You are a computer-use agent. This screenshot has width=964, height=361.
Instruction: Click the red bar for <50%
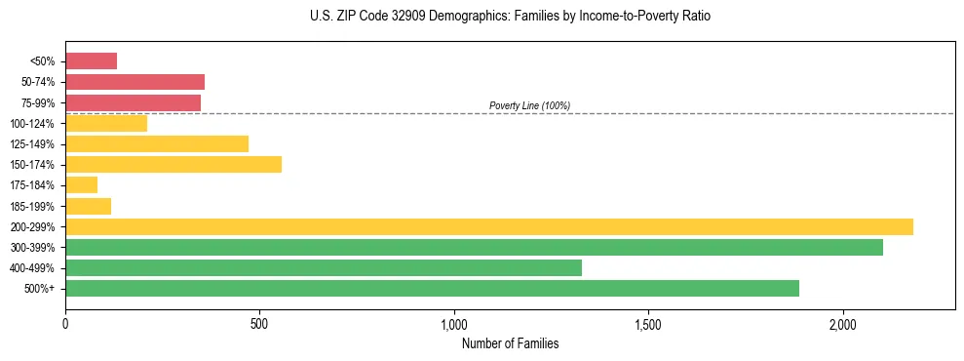point(91,61)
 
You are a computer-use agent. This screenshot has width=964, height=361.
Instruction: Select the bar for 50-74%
point(135,82)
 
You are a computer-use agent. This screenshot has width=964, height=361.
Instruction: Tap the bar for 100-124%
point(106,123)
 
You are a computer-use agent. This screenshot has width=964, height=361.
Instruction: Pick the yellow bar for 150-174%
point(174,165)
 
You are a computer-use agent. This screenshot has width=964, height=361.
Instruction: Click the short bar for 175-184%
point(81,185)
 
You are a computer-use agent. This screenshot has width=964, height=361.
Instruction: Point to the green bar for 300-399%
point(474,247)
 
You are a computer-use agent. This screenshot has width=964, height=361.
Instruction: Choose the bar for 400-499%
point(324,267)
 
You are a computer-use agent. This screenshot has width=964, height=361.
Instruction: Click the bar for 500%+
point(432,288)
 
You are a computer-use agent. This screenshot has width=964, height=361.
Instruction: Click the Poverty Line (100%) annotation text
point(529,105)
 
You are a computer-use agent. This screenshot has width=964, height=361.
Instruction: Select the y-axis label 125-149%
point(34,144)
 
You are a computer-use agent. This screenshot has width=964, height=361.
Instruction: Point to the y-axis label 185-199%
point(34,206)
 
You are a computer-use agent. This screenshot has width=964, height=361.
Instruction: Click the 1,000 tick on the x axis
point(454,324)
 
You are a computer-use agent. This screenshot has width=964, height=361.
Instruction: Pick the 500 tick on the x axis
point(259,324)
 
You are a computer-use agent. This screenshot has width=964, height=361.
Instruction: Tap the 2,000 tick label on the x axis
point(843,324)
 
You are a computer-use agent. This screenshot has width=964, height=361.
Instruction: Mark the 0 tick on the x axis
point(65,324)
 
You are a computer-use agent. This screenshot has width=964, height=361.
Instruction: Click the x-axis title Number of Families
point(510,343)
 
